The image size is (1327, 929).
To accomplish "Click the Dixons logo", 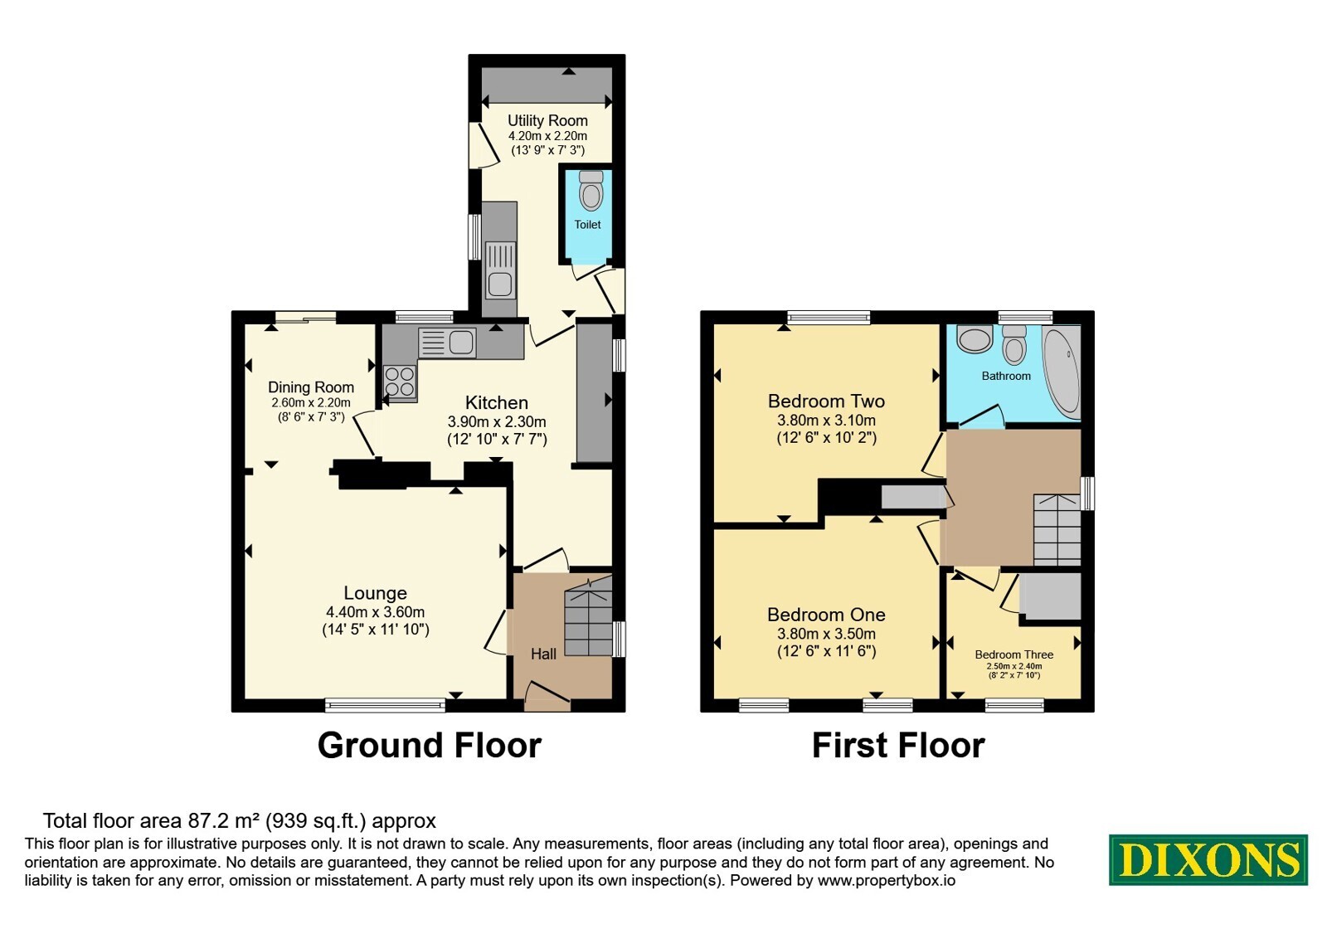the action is click(1208, 859).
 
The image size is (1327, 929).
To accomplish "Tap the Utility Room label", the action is click(547, 121).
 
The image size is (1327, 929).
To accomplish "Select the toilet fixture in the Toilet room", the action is click(591, 191).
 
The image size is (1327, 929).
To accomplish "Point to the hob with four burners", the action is click(400, 382).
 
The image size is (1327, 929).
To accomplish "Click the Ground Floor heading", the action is click(430, 746).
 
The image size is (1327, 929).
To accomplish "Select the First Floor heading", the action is click(898, 746).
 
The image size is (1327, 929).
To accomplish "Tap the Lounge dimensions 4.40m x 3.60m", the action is click(375, 612).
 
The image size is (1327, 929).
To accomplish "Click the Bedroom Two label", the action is click(826, 401).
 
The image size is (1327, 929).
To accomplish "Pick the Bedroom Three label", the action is click(1013, 654).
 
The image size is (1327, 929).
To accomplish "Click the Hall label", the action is click(543, 654).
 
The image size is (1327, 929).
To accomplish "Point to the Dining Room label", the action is click(311, 387).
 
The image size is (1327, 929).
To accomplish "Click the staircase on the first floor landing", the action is click(1057, 530).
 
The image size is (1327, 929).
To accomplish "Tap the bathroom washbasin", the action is click(975, 339).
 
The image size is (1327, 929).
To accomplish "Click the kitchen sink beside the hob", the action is click(447, 343).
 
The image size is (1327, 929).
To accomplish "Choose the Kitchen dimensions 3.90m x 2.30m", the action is click(497, 422).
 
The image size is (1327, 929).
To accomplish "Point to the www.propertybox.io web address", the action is click(887, 880).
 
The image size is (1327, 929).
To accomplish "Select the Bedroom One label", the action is click(826, 615).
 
